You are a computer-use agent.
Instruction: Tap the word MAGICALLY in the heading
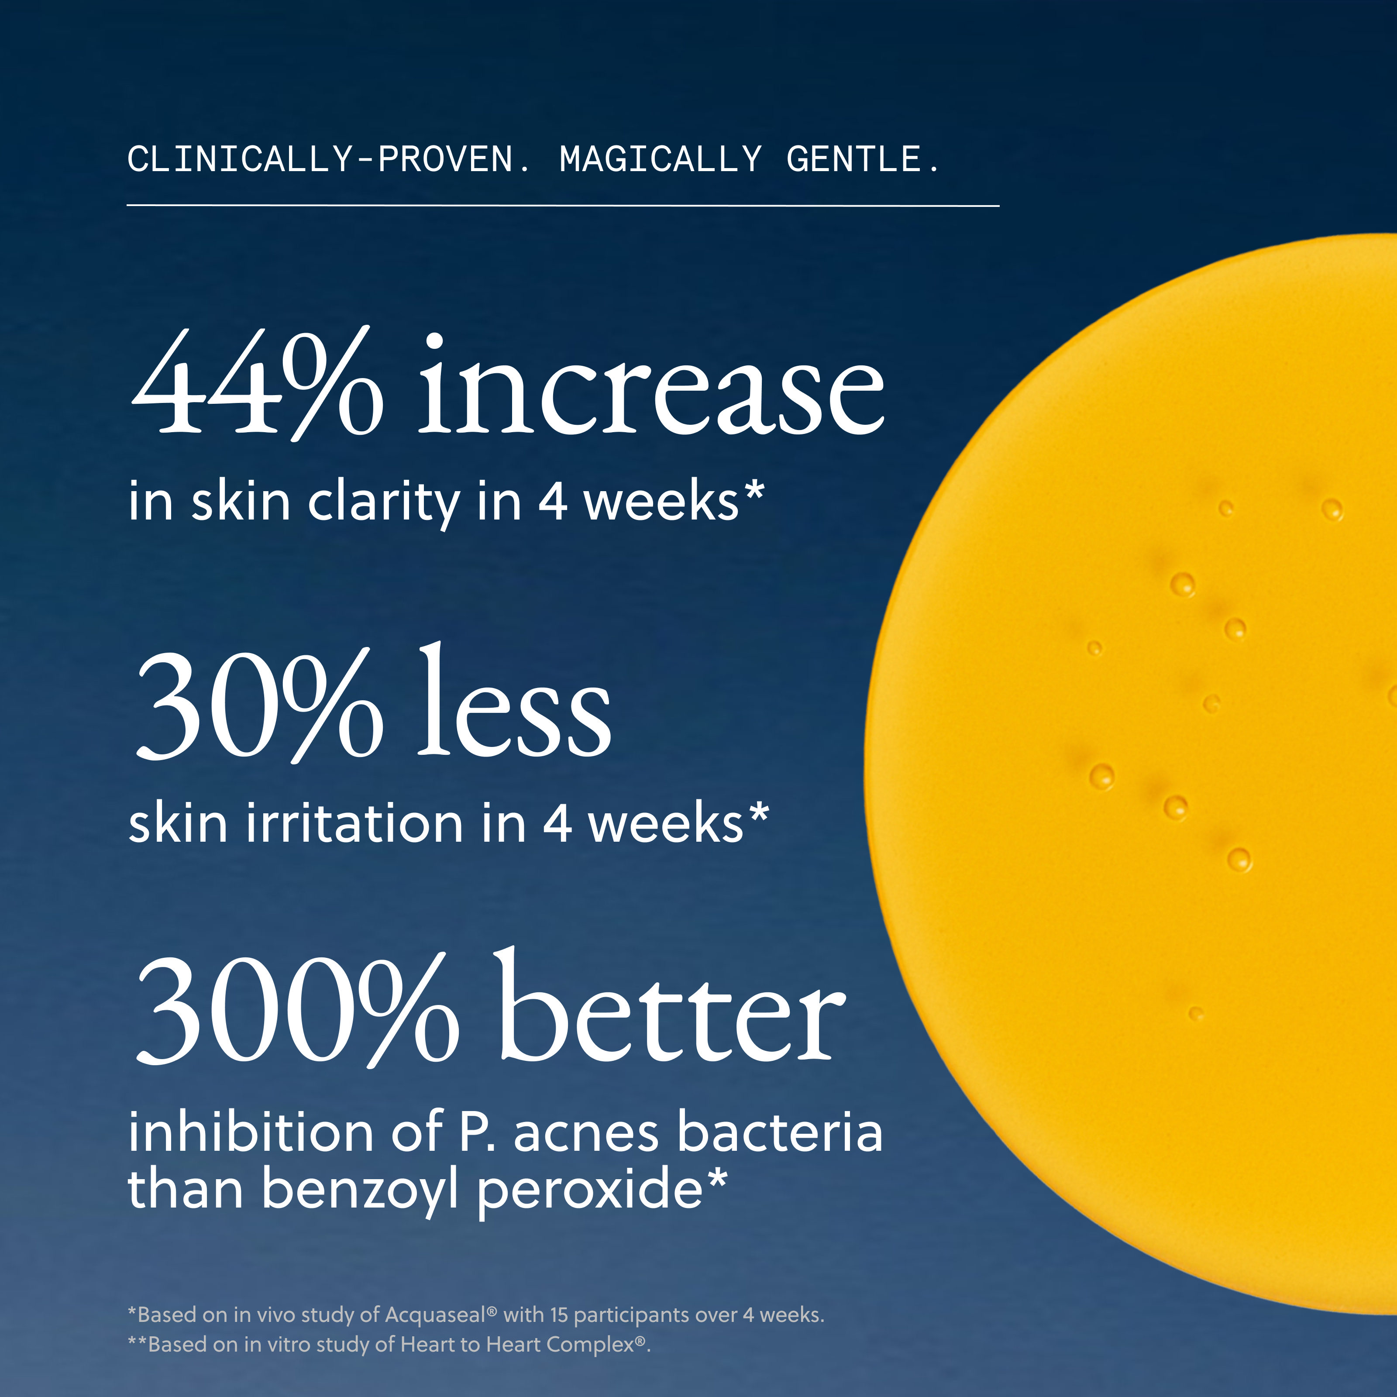coord(660,159)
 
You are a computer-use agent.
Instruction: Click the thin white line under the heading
coord(563,205)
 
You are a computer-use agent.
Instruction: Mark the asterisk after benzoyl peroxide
coord(716,1177)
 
